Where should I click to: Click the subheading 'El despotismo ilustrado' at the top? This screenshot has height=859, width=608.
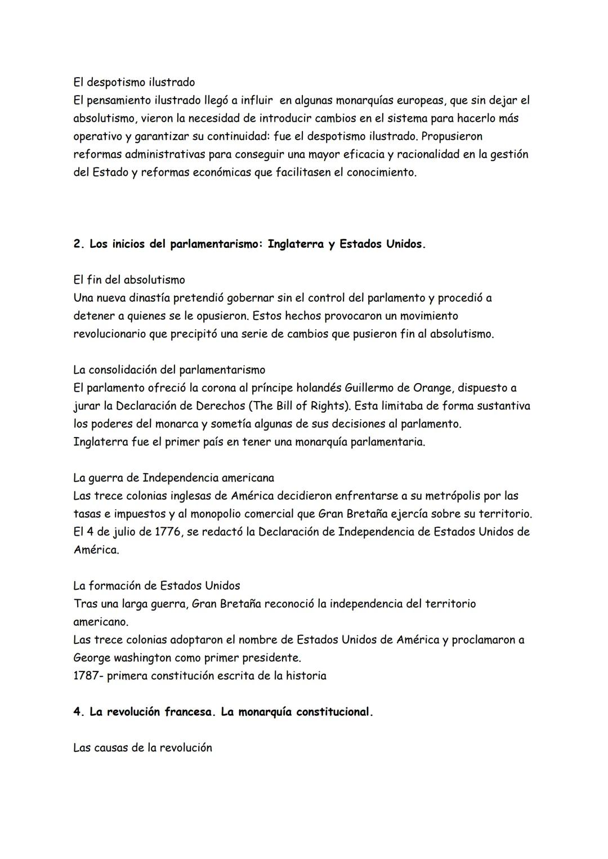134,82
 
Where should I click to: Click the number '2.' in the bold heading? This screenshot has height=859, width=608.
79,244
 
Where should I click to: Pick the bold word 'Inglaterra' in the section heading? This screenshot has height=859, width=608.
296,244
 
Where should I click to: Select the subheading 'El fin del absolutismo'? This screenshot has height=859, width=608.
129,280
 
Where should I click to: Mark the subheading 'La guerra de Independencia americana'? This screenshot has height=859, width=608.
173,478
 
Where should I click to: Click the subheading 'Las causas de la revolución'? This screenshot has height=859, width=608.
142,748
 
